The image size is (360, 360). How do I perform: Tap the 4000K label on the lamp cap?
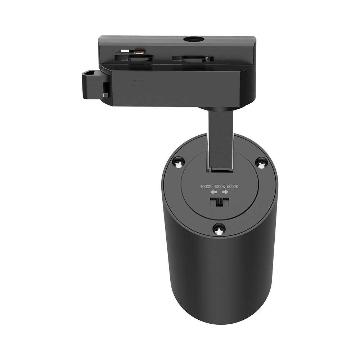coord(219,186)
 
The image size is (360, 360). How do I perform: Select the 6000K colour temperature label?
coord(233,186)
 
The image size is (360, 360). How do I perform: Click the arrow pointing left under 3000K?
coord(214,193)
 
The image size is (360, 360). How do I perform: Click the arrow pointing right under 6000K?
coord(225,193)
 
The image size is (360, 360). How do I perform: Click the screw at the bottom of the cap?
coord(219,229)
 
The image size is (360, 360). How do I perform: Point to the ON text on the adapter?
coord(138,83)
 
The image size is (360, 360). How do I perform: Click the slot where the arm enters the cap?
coord(220,168)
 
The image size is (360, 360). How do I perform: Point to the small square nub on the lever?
coord(105,95)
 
